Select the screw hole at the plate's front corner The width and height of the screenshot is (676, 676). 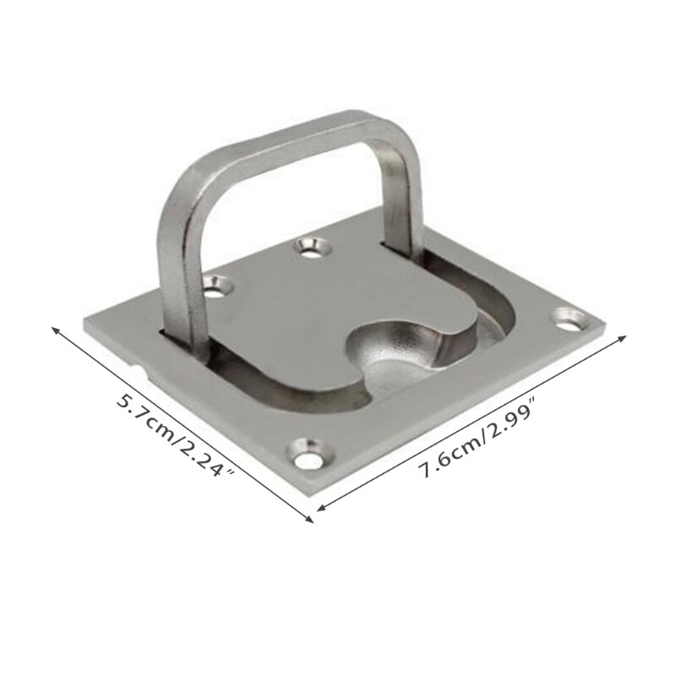[308, 454]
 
